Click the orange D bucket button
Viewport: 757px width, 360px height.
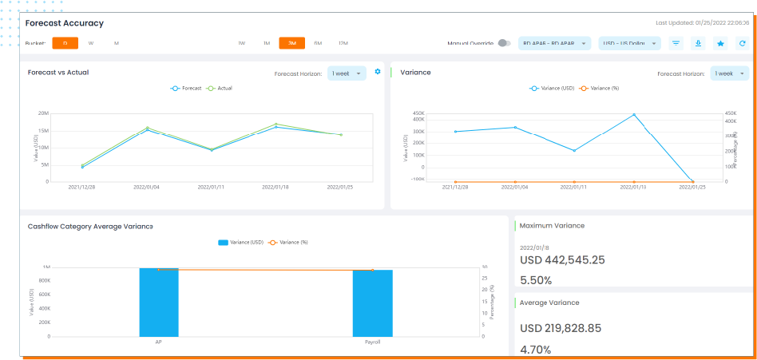click(65, 43)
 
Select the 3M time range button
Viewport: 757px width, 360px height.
click(291, 43)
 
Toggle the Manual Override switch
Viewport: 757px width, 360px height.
click(503, 43)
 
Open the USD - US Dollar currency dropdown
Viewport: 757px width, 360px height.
click(629, 43)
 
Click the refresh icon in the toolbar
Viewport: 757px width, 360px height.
click(742, 43)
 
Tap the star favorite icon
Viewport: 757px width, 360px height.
click(720, 43)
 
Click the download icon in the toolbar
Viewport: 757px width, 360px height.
click(698, 43)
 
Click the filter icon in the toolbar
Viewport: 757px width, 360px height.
click(676, 43)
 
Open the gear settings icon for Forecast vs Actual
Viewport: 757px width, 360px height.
click(378, 73)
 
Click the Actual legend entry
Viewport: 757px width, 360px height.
click(220, 88)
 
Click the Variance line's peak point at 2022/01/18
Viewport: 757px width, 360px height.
click(634, 115)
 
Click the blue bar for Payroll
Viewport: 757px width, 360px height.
click(372, 303)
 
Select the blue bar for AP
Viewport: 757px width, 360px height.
click(158, 302)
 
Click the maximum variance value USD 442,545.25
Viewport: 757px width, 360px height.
click(562, 260)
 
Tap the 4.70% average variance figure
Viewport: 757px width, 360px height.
click(536, 349)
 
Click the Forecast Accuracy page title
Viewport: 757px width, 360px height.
click(65, 23)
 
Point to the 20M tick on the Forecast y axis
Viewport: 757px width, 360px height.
click(44, 113)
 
